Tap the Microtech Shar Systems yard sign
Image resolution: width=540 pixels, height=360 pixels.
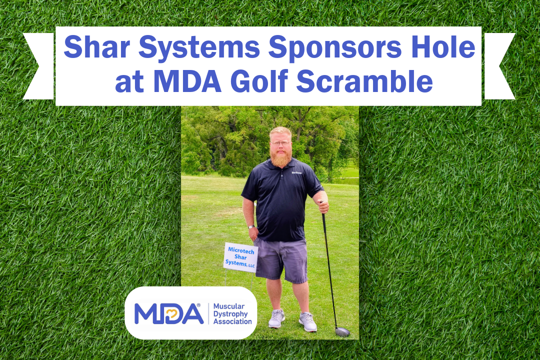[240, 257]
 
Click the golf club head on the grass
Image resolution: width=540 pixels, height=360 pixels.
[342, 331]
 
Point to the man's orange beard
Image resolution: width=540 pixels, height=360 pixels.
[281, 156]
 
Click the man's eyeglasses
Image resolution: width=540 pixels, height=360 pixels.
[281, 143]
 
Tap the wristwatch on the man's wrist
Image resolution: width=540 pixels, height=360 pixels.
[251, 227]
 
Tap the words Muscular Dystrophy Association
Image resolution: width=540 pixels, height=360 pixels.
[232, 313]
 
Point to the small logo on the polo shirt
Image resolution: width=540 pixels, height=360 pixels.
[297, 173]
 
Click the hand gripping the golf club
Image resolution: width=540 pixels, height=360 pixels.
[323, 204]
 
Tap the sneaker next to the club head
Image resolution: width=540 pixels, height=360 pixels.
[307, 322]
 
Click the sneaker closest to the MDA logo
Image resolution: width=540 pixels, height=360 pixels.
[276, 318]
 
